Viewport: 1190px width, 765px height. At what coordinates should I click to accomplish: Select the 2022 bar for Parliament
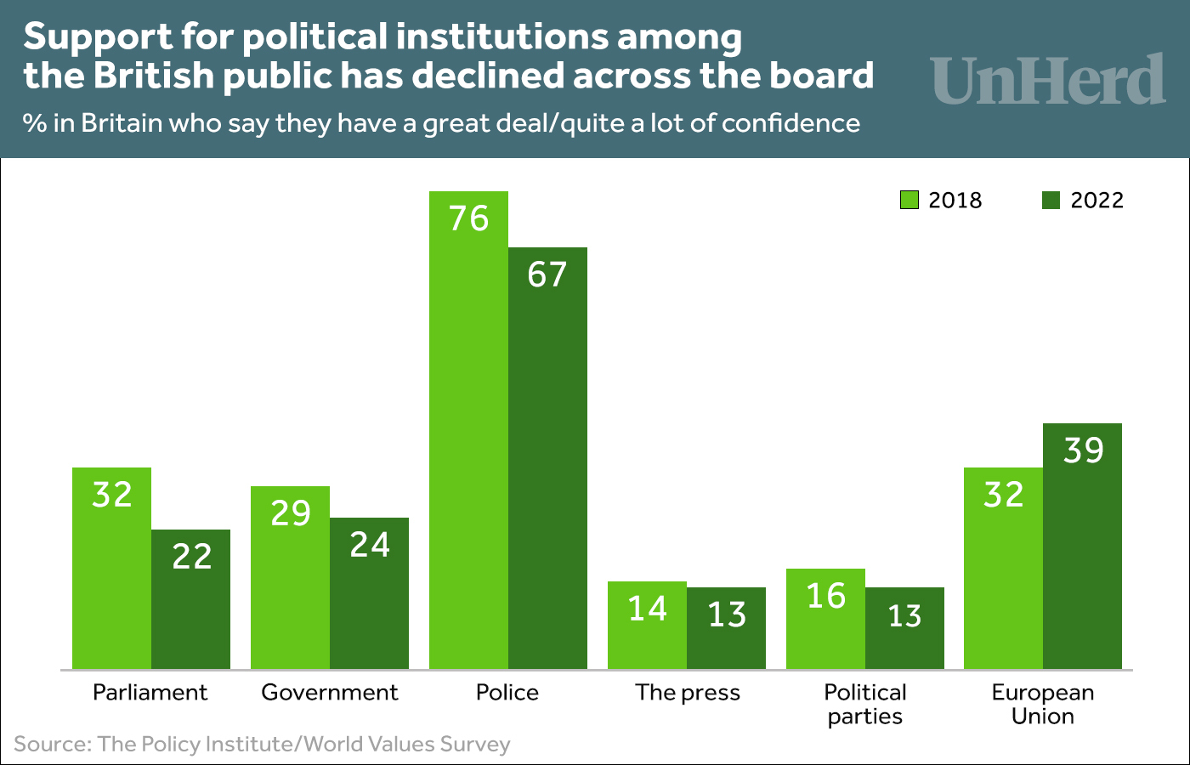coord(191,599)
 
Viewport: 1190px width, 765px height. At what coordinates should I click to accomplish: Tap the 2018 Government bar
coord(290,577)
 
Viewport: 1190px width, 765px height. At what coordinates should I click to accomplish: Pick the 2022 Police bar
coord(547,458)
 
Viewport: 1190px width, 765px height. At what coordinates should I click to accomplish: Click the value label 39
coord(1083,450)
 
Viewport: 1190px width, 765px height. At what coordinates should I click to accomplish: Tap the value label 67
coord(547,275)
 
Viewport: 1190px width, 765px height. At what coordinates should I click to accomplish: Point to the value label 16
coord(825,596)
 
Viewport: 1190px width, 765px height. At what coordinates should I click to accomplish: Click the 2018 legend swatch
coord(909,201)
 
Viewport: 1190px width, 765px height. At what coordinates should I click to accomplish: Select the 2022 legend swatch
coord(1051,201)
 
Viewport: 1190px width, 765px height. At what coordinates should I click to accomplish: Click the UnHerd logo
coord(1047,80)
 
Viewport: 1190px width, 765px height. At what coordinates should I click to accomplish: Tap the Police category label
coord(507,692)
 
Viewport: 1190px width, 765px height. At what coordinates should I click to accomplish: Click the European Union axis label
coord(1043,704)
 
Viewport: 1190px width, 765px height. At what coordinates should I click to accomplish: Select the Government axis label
coord(330,692)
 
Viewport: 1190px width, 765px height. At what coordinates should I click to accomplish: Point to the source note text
coord(262,745)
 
